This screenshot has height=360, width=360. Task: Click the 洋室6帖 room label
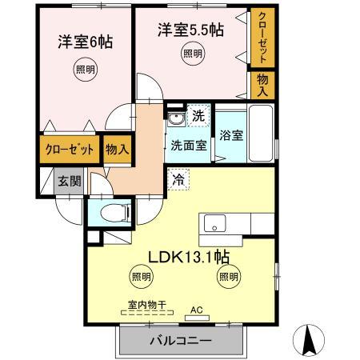pos(84,42)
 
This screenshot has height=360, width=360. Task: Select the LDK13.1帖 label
pos(189,258)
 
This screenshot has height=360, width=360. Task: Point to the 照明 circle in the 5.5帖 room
pos(192,54)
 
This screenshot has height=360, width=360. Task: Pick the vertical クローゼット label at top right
pos(261,37)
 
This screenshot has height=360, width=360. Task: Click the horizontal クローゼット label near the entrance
pos(70,150)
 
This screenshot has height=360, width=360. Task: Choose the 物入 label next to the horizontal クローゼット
pos(117,150)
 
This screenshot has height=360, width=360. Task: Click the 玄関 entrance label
pos(69,181)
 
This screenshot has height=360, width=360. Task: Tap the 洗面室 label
pos(189,146)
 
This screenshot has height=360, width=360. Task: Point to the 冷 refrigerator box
pos(178,181)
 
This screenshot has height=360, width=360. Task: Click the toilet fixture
pos(113,214)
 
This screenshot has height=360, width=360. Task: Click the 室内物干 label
pos(146,304)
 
